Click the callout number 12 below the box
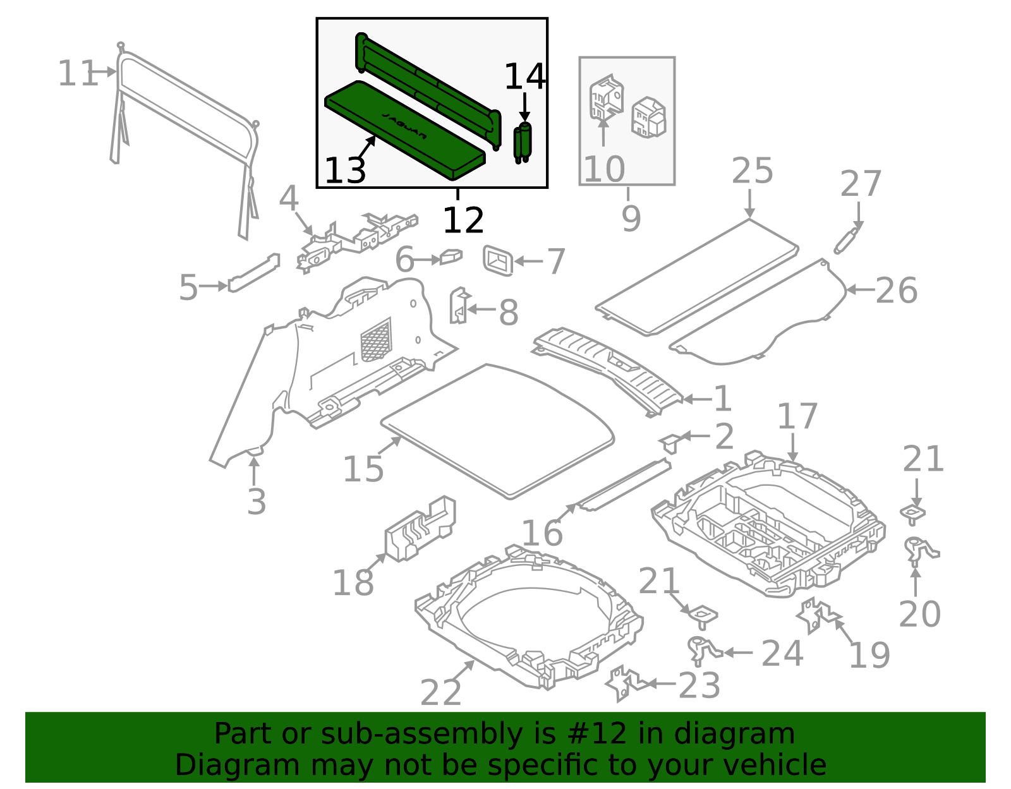point(463,220)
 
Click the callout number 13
point(345,171)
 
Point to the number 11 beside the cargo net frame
point(76,74)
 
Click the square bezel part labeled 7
point(498,261)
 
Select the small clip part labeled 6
point(451,256)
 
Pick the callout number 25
point(752,171)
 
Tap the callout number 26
point(896,291)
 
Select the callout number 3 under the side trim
point(256,502)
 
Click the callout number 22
point(440,693)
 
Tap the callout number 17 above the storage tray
point(797,417)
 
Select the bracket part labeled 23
point(624,684)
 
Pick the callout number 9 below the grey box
point(631,219)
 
